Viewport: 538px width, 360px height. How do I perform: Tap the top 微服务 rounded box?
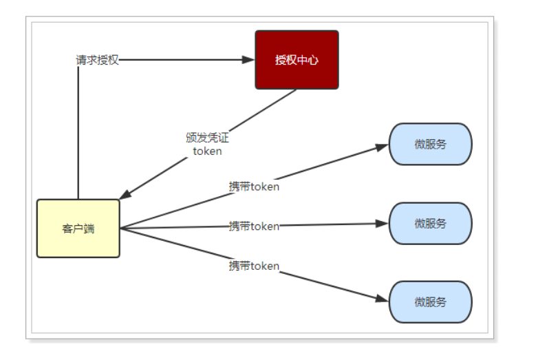430,144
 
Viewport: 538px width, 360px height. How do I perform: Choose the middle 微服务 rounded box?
430,223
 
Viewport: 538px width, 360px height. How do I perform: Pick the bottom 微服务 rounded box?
430,301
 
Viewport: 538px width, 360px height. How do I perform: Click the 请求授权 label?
97,60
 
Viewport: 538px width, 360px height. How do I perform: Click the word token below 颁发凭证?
207,151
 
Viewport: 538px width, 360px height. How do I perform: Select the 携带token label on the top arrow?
254,186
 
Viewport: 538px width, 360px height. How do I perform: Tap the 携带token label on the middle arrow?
254,226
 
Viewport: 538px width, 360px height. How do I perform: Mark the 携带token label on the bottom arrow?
254,266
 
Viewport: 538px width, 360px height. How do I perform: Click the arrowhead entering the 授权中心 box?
249,60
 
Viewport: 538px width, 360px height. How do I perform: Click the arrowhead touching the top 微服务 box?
383,146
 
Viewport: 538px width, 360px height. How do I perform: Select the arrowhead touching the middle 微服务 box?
383,223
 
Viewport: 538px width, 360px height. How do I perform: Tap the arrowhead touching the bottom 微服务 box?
383,299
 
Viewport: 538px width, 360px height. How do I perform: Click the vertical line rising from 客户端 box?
78,138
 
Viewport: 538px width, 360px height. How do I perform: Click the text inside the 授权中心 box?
297,60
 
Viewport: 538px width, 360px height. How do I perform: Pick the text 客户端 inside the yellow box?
78,229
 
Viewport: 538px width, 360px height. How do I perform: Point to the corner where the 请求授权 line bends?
78,61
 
